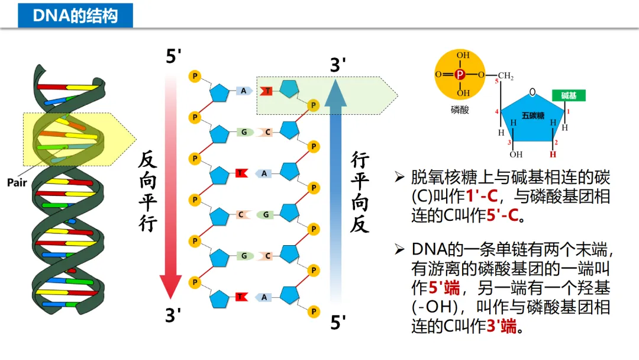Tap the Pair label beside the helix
17,182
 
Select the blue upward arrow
336,184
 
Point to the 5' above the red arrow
173,57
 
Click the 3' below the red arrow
173,315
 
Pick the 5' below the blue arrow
338,323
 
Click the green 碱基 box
569,95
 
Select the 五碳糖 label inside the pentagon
533,115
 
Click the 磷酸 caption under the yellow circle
460,110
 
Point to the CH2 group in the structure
505,76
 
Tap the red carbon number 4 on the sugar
496,111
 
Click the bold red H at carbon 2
553,155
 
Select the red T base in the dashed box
267,91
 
